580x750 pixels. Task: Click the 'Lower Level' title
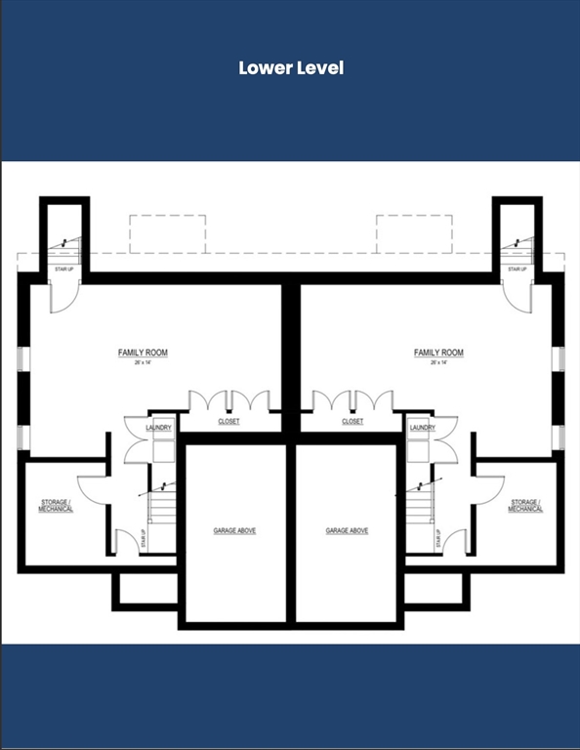click(x=291, y=68)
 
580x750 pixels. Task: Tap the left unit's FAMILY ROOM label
click(x=144, y=353)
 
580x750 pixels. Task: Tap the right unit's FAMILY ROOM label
click(x=438, y=353)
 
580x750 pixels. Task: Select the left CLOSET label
click(x=228, y=422)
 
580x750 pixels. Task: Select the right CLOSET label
click(x=352, y=422)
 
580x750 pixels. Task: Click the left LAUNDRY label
click(x=158, y=428)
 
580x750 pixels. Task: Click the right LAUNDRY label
click(x=423, y=428)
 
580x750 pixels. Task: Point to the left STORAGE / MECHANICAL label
click(x=56, y=506)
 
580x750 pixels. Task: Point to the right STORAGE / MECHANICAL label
click(x=525, y=506)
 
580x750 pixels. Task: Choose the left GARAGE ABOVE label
click(x=234, y=530)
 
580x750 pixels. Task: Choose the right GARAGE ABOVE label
click(x=347, y=530)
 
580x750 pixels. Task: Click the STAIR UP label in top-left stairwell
click(x=64, y=269)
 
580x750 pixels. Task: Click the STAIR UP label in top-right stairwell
click(x=518, y=269)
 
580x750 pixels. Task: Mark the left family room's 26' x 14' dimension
click(x=144, y=362)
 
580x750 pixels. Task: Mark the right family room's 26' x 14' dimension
click(x=438, y=362)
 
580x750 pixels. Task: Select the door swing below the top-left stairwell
click(x=62, y=297)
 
